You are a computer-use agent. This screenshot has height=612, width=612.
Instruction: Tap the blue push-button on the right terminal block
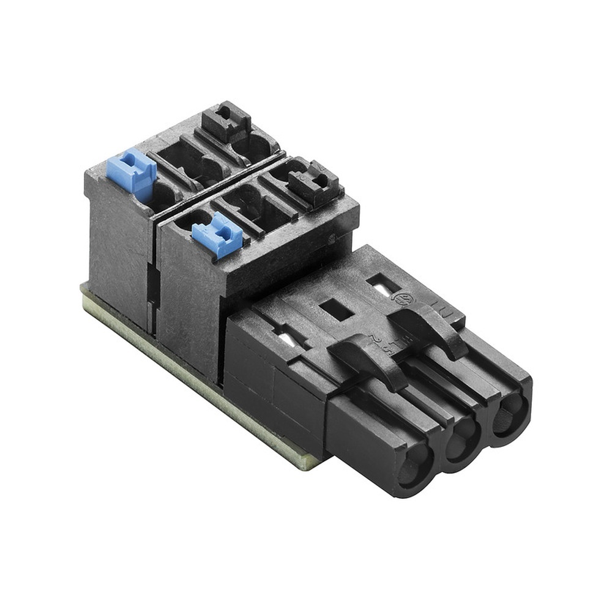pos(217,234)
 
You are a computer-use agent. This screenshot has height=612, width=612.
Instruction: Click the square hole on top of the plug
pos(337,310)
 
